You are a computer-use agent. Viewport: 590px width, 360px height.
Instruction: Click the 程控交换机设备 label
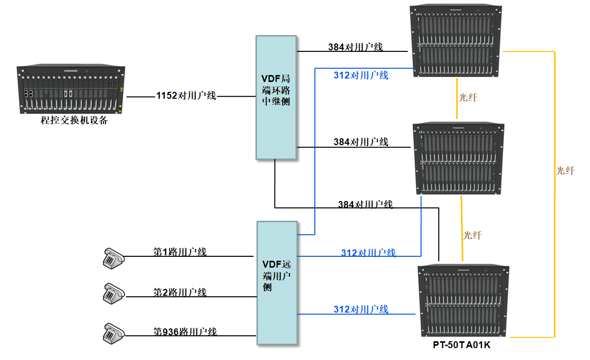[x=74, y=120]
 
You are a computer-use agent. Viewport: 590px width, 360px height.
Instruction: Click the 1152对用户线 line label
[x=186, y=96]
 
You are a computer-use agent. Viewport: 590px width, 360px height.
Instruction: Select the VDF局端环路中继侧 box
[x=276, y=97]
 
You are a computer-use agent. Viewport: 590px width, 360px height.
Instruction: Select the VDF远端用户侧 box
[x=277, y=283]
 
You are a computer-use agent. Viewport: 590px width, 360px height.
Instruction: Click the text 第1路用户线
[x=179, y=252]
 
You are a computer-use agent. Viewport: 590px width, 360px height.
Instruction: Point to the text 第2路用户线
[x=179, y=292]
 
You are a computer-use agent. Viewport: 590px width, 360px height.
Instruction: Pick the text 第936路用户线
[x=185, y=331]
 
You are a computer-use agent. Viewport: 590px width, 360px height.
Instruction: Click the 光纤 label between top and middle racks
[x=467, y=98]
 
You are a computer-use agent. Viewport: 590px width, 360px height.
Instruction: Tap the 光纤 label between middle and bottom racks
[x=472, y=236]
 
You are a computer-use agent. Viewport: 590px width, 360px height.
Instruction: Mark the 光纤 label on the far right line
[x=565, y=171]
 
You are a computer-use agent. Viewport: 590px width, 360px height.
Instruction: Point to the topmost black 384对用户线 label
[x=355, y=47]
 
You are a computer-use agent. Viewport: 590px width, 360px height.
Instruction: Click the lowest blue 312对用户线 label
[x=361, y=310]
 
